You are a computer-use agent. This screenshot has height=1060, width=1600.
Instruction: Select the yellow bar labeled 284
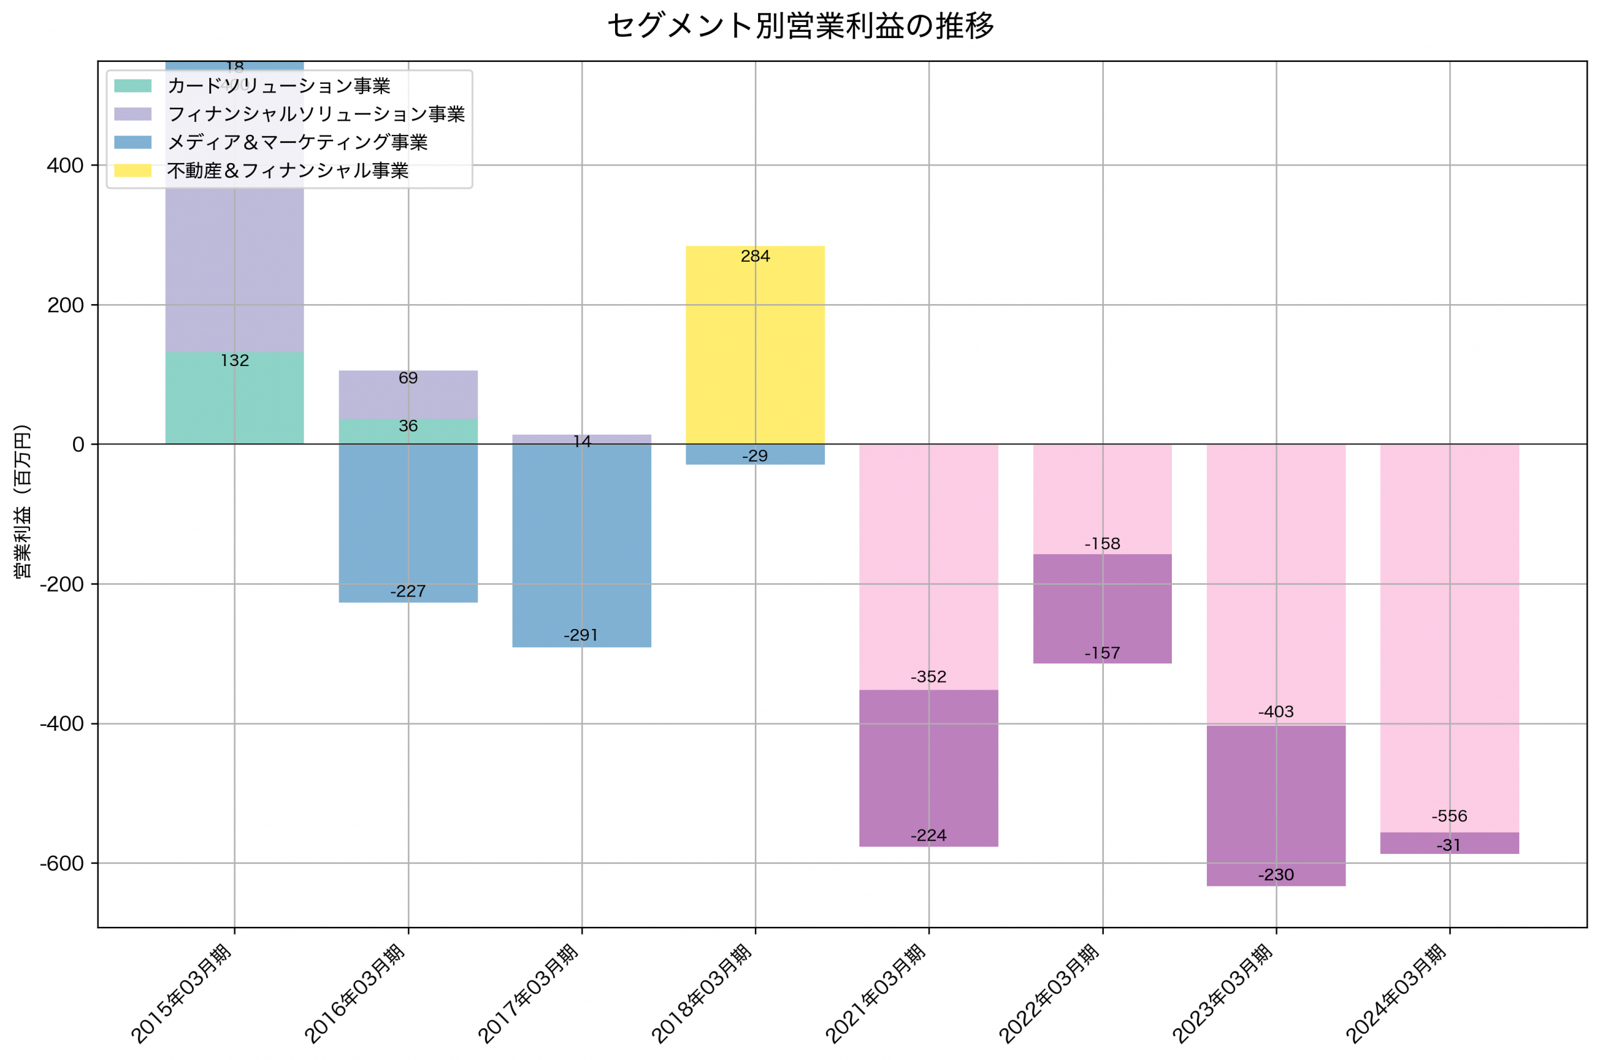pyautogui.click(x=755, y=345)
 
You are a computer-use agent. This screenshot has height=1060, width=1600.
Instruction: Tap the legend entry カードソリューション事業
pyautogui.click(x=278, y=86)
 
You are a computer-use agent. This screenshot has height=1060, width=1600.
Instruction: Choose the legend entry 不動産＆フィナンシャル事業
pyautogui.click(x=287, y=171)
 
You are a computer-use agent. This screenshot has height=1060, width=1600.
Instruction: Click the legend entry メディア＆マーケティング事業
pyautogui.click(x=297, y=142)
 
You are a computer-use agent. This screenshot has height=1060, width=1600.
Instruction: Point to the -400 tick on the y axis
pyautogui.click(x=62, y=724)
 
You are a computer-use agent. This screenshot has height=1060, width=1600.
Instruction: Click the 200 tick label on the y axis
pyautogui.click(x=66, y=305)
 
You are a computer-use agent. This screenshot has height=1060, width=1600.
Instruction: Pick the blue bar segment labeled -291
pyautogui.click(x=582, y=541)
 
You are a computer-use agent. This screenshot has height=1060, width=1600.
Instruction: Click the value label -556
pyautogui.click(x=1449, y=816)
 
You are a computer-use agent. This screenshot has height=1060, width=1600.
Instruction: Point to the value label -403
pyautogui.click(x=1276, y=712)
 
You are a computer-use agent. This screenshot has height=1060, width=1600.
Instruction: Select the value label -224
pyautogui.click(x=929, y=836)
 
